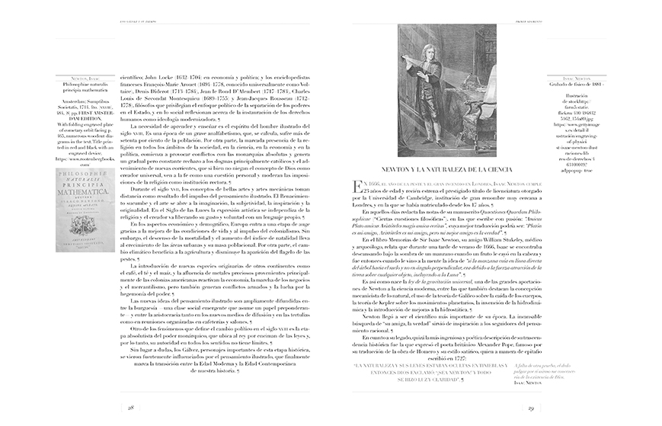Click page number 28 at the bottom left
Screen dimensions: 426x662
pos(131,408)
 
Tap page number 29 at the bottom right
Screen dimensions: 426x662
pos(530,408)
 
